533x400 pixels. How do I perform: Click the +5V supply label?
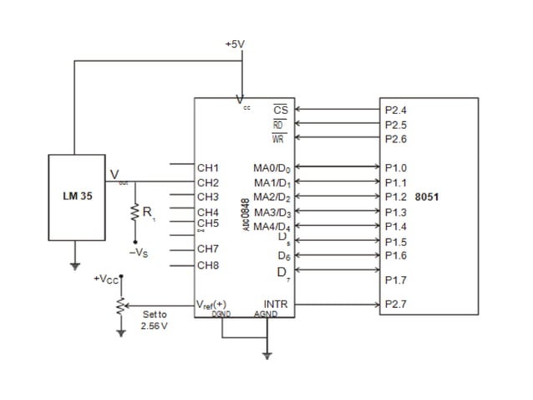235,44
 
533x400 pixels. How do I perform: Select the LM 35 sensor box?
77,197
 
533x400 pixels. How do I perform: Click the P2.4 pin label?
396,110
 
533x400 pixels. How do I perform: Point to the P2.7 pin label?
396,305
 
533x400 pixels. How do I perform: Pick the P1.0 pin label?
396,167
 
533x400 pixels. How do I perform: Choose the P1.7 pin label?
396,280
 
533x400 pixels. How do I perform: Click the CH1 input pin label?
207,167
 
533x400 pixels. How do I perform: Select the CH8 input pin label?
207,265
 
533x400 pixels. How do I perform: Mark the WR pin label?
279,139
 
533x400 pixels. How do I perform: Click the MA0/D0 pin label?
272,168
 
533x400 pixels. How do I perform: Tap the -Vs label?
139,251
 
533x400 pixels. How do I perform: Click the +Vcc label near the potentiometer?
106,278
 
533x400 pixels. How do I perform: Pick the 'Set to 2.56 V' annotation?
155,320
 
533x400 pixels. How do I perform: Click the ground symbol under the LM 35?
75,266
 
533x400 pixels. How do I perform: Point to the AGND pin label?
265,314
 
